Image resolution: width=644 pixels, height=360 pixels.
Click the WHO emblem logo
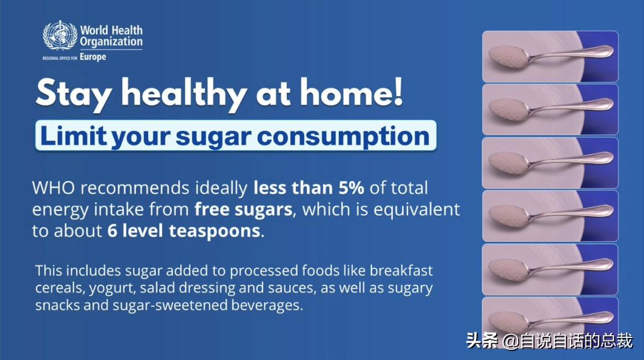(60, 36)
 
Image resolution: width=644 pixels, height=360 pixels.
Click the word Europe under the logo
(92, 57)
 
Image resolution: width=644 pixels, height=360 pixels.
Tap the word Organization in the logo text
(111, 42)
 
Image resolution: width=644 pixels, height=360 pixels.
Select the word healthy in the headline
(184, 94)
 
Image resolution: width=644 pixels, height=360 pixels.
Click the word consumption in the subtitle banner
(343, 136)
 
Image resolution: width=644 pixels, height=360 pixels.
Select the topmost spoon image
(550, 57)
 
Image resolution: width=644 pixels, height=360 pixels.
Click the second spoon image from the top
(550, 110)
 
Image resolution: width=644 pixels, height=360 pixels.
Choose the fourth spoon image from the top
(550, 216)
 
